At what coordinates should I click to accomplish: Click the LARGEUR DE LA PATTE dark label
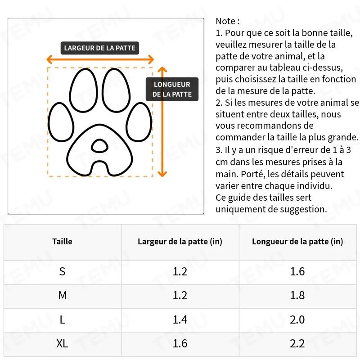point(99,48)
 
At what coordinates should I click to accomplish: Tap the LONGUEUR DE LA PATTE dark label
point(172,89)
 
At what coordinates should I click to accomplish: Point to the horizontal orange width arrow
point(100,59)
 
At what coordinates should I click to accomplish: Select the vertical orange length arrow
point(163,121)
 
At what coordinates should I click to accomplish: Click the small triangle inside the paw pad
point(99,145)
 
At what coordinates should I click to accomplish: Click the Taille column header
point(62,242)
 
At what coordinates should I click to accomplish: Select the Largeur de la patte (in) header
point(180,242)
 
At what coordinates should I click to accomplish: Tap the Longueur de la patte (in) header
point(297,242)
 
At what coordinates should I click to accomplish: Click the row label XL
point(62,344)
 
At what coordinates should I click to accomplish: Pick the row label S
point(62,271)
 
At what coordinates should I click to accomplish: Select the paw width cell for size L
point(180,319)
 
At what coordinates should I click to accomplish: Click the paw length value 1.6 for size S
point(297,271)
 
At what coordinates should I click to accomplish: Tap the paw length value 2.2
point(297,344)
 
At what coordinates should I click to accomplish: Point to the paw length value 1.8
point(297,296)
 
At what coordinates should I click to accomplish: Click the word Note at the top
point(225,21)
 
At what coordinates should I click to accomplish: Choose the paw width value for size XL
point(180,344)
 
